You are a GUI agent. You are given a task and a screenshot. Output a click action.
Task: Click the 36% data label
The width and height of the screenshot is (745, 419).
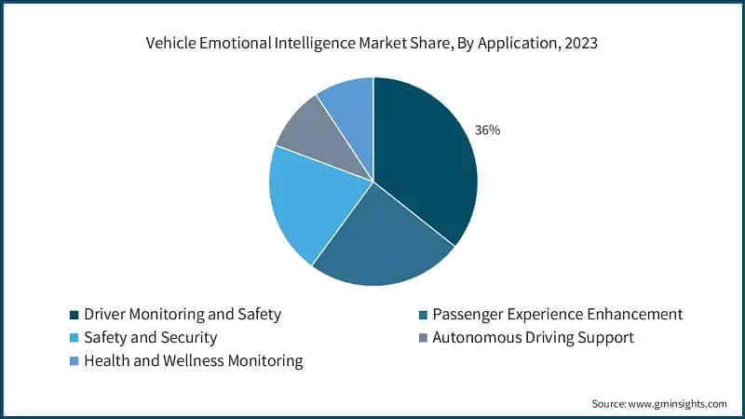(x=487, y=130)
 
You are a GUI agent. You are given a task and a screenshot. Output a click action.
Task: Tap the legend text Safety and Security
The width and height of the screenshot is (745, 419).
(x=150, y=338)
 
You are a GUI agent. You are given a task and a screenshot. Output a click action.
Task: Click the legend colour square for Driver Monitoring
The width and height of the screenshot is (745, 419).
(x=74, y=316)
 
